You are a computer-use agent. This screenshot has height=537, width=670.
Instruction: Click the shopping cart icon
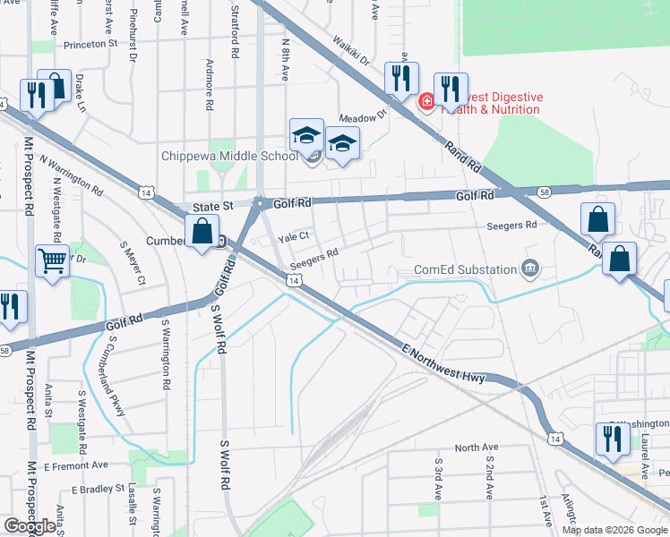(x=53, y=262)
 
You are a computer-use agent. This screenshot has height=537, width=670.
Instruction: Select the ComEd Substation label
(x=466, y=269)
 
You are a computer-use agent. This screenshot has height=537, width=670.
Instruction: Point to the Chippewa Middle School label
(x=229, y=156)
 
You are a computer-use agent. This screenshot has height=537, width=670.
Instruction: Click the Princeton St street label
(x=89, y=43)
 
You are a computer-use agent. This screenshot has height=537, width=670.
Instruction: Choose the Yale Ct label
(x=293, y=237)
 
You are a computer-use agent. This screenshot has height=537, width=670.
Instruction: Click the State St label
(x=213, y=206)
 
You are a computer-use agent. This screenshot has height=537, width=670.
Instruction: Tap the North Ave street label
(x=476, y=447)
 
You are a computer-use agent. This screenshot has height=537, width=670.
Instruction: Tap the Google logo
(x=30, y=526)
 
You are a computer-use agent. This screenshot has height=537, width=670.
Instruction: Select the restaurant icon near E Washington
(x=612, y=439)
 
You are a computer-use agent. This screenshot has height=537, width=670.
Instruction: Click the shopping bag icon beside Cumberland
(x=202, y=232)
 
